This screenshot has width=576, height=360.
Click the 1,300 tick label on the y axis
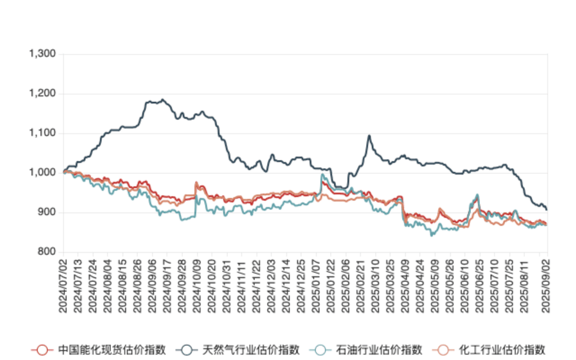tap(43, 54)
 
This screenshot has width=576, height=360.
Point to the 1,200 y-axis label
tap(43, 94)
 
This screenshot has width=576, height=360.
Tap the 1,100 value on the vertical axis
tap(43, 133)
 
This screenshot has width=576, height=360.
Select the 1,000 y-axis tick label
tap(43, 172)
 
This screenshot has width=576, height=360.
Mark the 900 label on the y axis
tap(46, 212)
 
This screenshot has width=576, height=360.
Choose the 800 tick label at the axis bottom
tap(46, 251)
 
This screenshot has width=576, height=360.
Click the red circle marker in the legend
tap(41, 349)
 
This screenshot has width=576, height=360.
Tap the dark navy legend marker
tap(187, 349)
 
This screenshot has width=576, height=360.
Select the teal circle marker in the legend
tap(320, 349)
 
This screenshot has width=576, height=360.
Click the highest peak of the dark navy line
tap(163, 100)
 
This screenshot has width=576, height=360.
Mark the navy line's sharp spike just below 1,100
tap(369, 137)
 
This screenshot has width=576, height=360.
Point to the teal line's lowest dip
tap(431, 235)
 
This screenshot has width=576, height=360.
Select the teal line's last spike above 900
tap(478, 195)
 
